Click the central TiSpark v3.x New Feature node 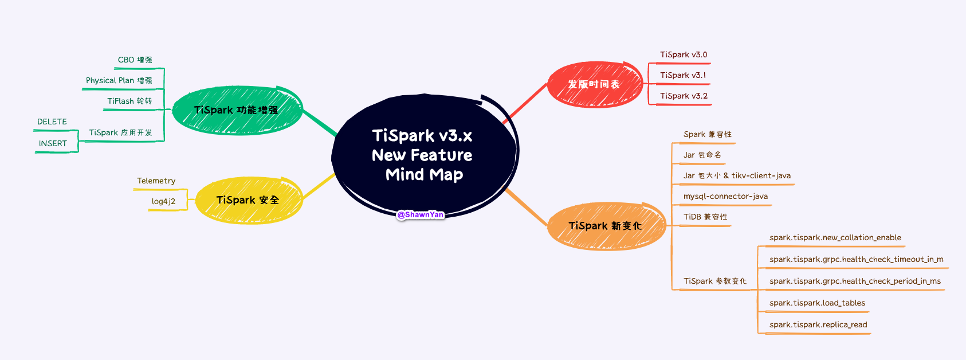423,155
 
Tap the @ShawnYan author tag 421,214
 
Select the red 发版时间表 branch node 594,84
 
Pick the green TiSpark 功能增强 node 236,110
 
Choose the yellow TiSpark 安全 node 248,200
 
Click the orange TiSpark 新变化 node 605,226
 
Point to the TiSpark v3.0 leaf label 684,55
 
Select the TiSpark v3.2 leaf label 684,96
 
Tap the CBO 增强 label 135,60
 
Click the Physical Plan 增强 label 119,81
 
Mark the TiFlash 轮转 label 129,101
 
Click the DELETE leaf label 52,122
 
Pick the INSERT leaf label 53,144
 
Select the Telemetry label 156,181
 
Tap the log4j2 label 163,202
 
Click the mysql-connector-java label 725,197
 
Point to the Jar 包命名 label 702,155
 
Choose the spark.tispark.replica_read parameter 818,325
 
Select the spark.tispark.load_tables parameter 817,303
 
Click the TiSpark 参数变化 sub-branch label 715,281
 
